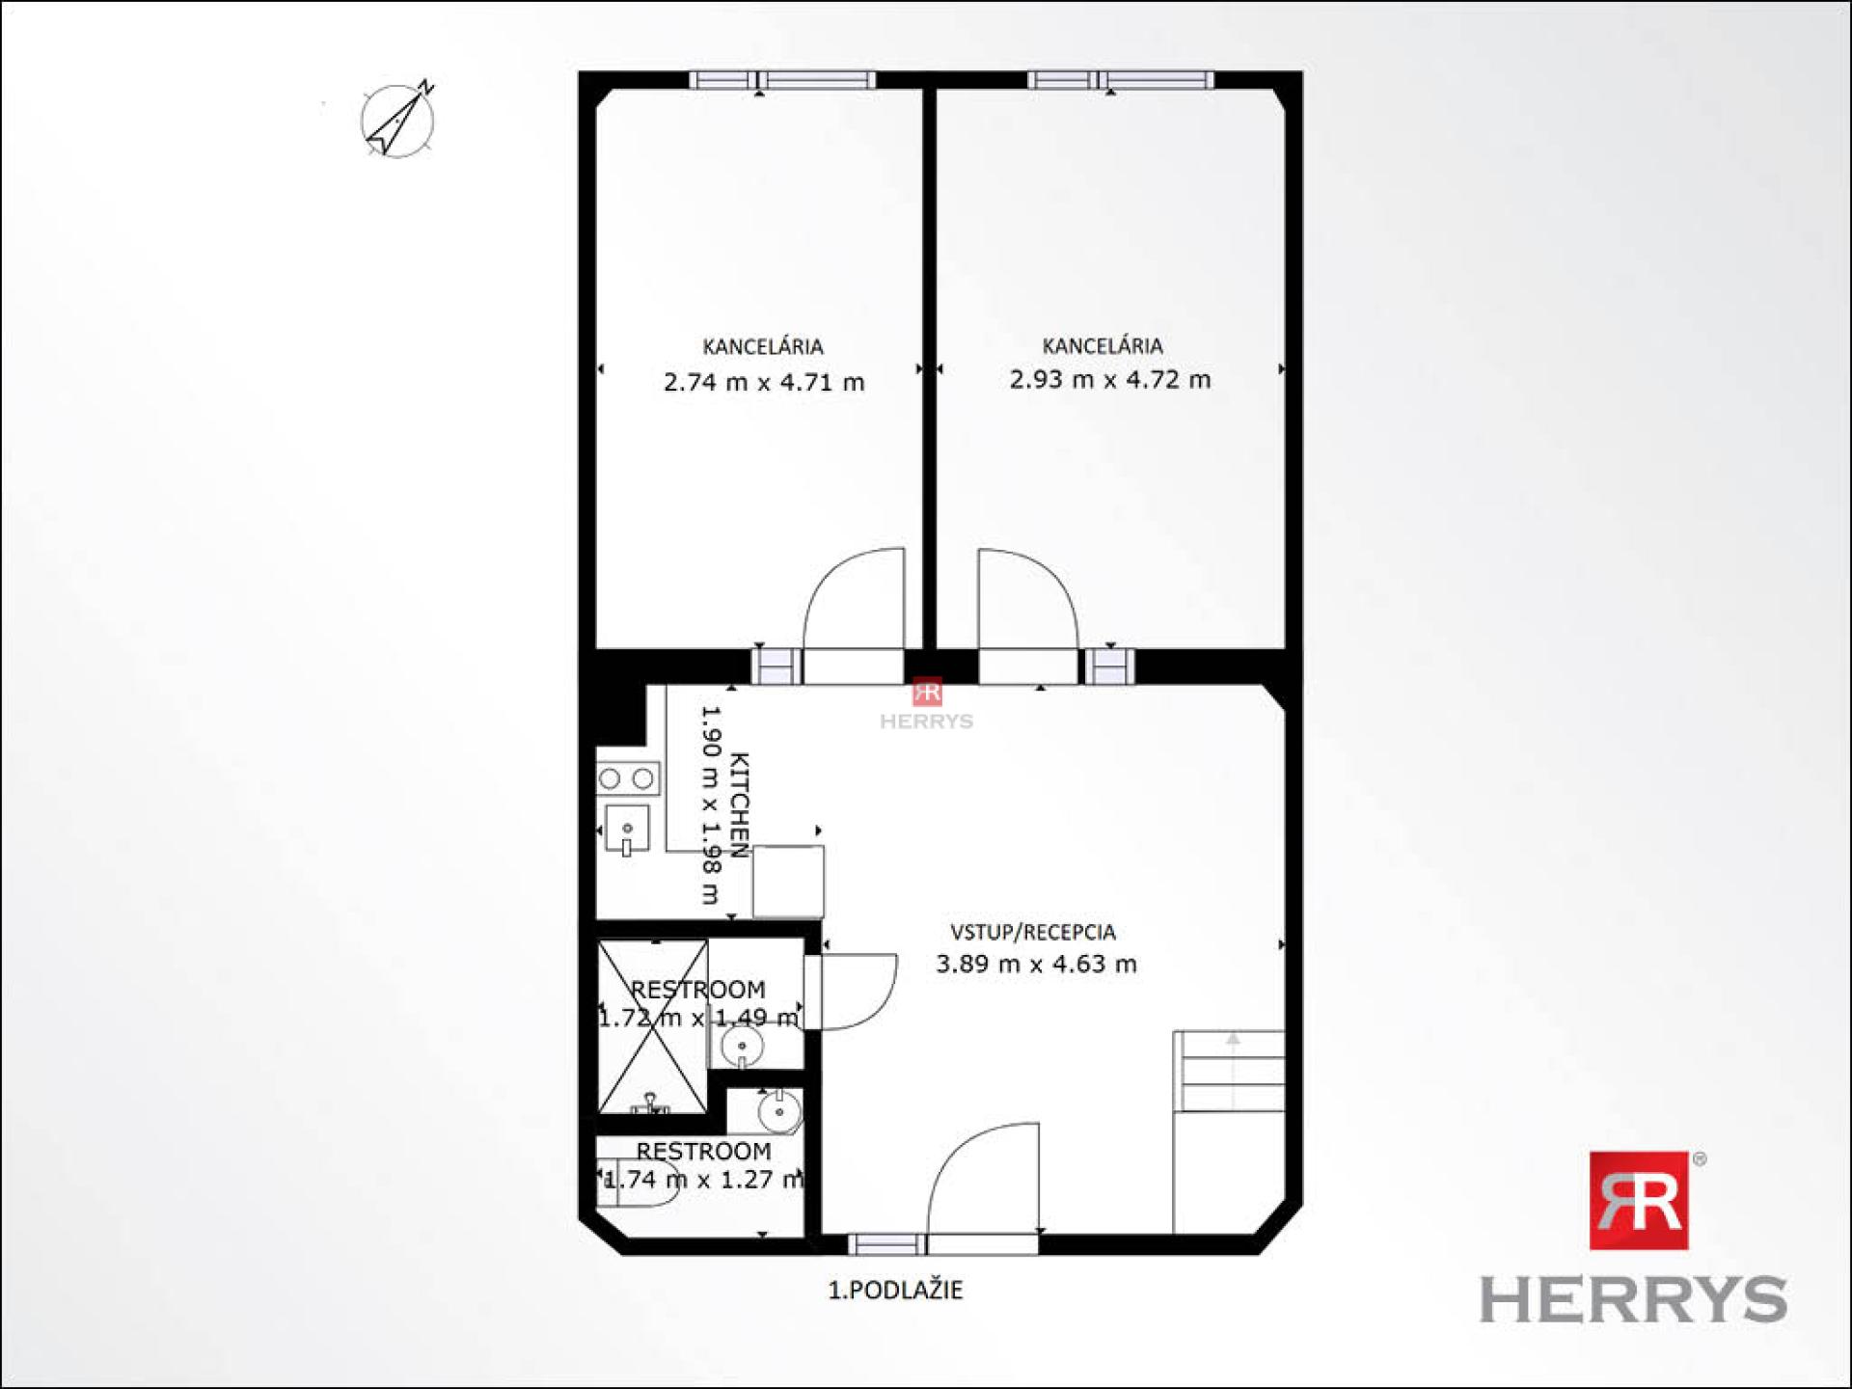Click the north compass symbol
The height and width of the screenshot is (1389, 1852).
(397, 121)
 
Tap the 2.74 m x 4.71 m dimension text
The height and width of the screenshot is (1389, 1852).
(764, 382)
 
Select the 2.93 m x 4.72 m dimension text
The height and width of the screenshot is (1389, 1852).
(1109, 379)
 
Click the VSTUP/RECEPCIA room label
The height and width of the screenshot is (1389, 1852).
(1033, 932)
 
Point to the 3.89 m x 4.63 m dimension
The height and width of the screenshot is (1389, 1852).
(1036, 964)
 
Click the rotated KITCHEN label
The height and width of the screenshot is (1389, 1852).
(739, 804)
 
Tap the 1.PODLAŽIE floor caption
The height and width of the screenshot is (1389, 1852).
(895, 1290)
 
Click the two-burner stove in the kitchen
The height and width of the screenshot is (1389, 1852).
(627, 778)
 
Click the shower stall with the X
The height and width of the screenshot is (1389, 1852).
(653, 1026)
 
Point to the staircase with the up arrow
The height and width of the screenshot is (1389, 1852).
(1229, 1071)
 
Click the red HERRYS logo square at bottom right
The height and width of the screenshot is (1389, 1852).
(1638, 1200)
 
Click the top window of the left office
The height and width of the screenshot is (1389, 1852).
(782, 80)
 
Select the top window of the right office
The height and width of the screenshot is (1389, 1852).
(1120, 80)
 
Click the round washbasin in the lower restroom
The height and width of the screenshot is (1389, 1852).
(778, 1112)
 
